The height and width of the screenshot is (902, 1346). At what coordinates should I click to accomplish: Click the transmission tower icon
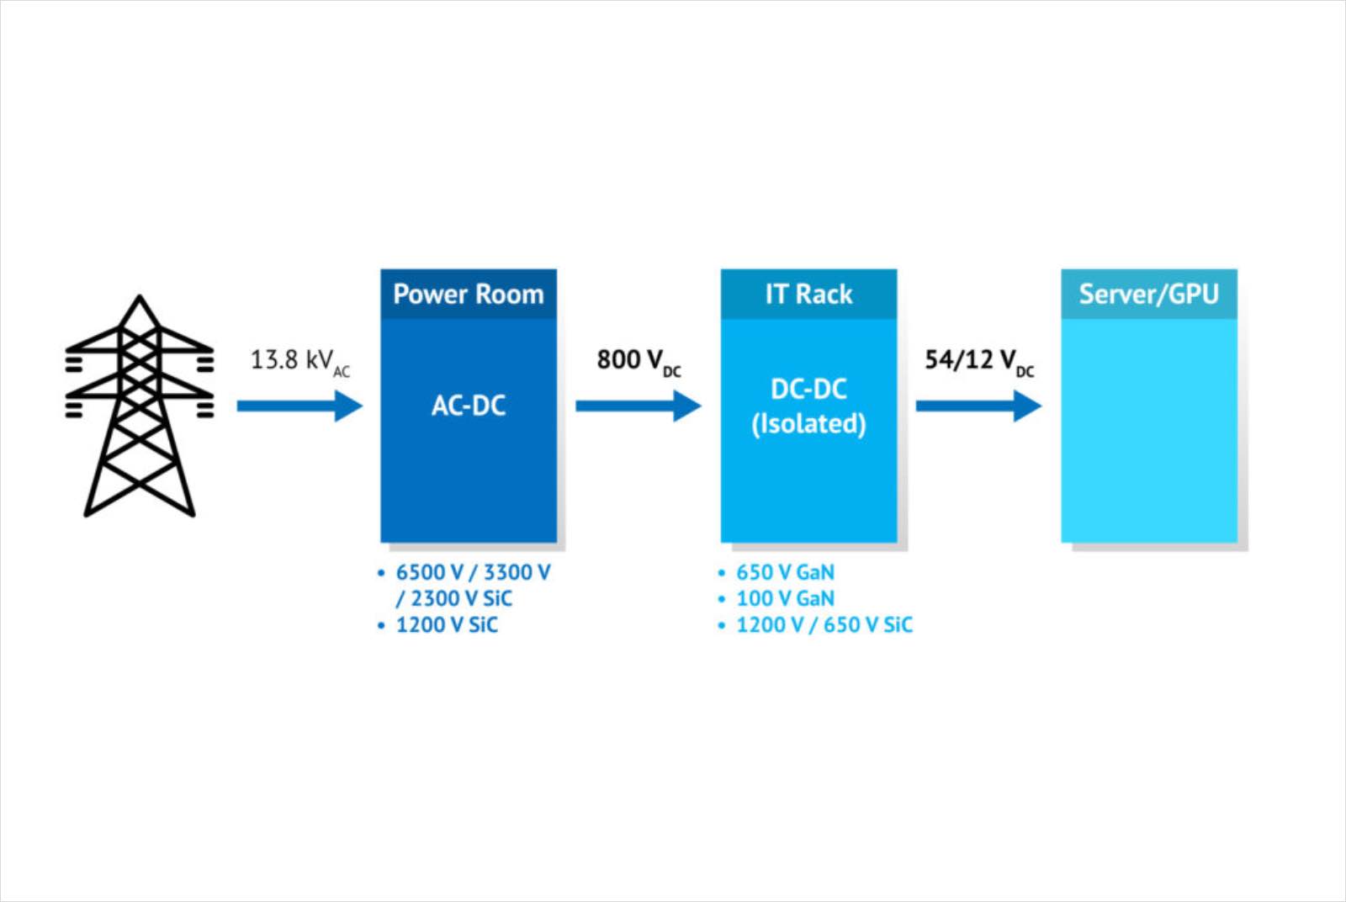140,406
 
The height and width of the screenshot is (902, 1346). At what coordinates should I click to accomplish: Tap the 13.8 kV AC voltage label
299,363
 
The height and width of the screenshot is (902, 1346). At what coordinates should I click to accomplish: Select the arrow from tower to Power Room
299,406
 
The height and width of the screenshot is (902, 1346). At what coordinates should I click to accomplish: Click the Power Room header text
468,294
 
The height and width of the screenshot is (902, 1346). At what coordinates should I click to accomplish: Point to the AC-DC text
468,406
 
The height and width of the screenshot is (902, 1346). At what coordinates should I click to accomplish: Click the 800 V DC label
639,363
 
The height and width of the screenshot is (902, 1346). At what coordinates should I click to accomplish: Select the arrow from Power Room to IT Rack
639,406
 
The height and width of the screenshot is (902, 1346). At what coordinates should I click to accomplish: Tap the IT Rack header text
808,294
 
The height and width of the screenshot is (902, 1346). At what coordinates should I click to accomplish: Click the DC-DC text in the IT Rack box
808,390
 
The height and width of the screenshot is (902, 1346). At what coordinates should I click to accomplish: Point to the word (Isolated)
808,424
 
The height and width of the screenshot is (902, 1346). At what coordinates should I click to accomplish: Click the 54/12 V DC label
979,363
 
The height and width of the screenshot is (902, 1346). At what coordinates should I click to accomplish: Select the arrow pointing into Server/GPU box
979,406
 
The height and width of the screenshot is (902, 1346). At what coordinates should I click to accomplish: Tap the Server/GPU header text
1149,294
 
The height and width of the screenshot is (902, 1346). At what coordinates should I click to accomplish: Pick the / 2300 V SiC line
454,599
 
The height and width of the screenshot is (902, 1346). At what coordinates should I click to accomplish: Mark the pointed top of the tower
140,295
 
